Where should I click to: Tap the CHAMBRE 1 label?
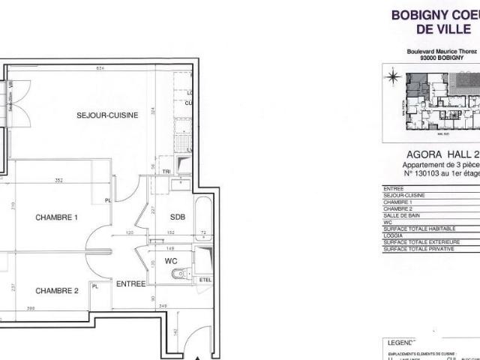(58, 217)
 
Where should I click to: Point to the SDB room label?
(177, 217)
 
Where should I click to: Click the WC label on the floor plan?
(171, 262)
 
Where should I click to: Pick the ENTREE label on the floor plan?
(130, 283)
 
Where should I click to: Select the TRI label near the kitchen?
(166, 171)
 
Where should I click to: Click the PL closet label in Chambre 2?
(94, 286)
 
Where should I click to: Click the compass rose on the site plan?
(391, 76)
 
